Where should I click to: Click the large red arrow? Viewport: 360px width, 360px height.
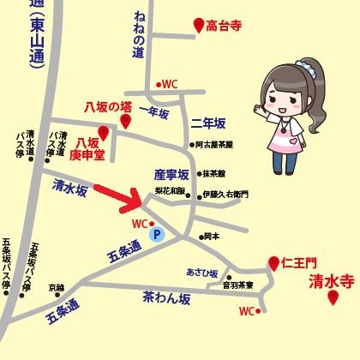[119, 198]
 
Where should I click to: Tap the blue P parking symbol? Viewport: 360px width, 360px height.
[156, 233]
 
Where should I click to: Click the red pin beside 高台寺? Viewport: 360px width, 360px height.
[199, 26]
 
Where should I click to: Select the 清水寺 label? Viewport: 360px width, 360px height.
[332, 279]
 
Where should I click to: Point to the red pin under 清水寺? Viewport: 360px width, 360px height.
[333, 298]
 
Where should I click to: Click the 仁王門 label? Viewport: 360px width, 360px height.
[299, 261]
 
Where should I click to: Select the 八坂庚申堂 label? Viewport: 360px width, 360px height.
[87, 148]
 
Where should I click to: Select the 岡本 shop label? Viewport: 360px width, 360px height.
[212, 236]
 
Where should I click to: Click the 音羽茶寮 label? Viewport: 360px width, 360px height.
[237, 285]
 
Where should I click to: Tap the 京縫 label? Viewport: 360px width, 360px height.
[57, 287]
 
